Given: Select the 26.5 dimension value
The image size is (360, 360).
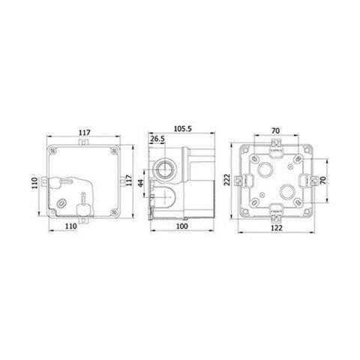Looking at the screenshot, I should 157,139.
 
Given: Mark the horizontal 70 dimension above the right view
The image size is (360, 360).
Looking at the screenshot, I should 276,129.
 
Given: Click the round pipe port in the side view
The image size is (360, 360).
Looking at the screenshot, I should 163,166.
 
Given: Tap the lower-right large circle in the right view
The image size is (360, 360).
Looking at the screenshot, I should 288,193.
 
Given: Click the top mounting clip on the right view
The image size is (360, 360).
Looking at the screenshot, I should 276,142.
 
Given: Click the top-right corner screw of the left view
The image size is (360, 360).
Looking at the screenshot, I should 115,148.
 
